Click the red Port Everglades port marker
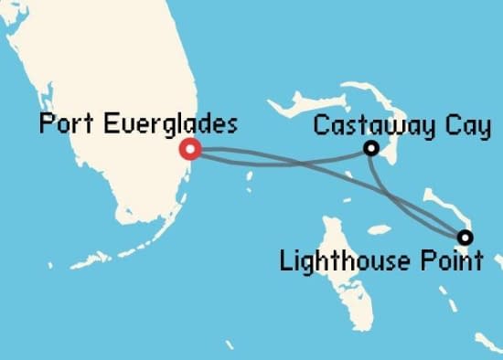(190, 148)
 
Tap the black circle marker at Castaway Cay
(371, 148)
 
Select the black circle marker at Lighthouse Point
(465, 238)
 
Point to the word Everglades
(165, 125)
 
